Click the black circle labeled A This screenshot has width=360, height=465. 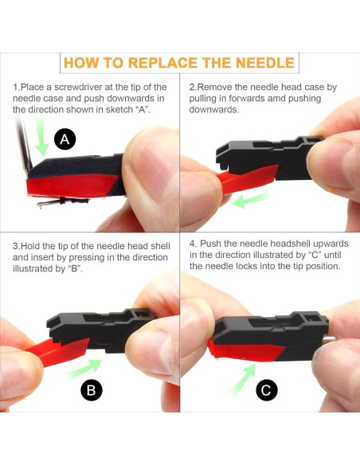pos(65,139)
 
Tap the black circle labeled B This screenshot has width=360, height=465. pos(92,390)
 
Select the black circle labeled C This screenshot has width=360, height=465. pos(267,389)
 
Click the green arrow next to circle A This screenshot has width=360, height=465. pos(41,136)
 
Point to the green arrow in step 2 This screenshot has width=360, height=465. pos(252,199)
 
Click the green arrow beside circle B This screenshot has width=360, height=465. pos(84,369)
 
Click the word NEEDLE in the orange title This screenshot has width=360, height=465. pos(265,63)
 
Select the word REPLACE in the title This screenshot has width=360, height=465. pos(162,63)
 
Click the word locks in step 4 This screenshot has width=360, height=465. pos(247,266)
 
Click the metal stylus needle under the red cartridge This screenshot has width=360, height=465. pos(62,202)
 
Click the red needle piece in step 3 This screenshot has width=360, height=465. pos(58,352)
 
